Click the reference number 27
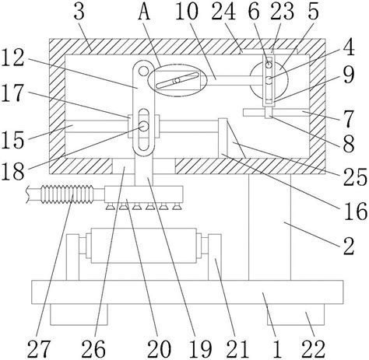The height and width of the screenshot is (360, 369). pyautogui.click(x=38, y=348)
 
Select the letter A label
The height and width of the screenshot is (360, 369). pyautogui.click(x=144, y=12)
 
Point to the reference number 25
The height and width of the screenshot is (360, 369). pyautogui.click(x=355, y=177)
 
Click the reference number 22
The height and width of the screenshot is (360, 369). pyautogui.click(x=313, y=348)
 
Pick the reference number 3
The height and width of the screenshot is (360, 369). pyautogui.click(x=79, y=12)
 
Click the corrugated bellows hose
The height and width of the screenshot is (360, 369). pyautogui.click(x=66, y=194)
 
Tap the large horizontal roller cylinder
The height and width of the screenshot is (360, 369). pyautogui.click(x=143, y=246)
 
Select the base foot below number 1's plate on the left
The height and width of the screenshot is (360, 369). pyautogui.click(x=79, y=314)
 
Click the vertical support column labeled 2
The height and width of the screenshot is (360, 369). pyautogui.click(x=269, y=227)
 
